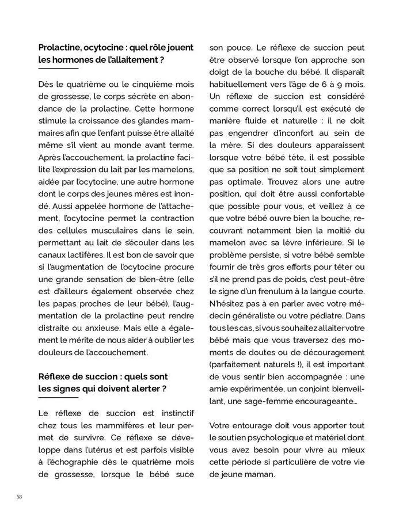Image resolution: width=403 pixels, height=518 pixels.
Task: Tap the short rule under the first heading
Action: (58, 68)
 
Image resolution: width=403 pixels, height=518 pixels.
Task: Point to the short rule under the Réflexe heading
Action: (58, 398)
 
